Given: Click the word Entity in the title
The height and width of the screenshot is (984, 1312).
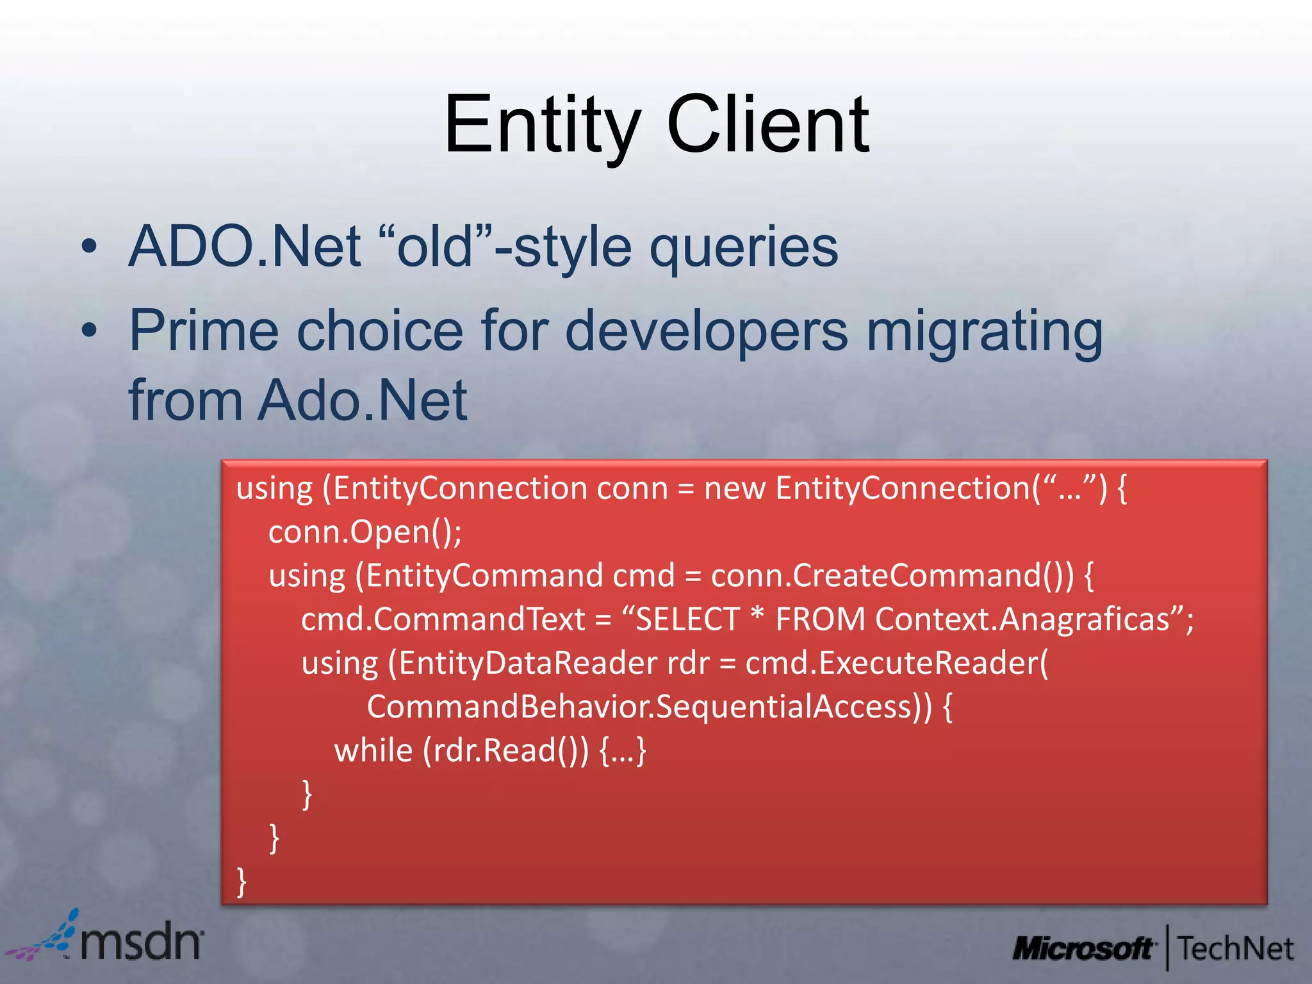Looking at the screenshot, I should click(542, 125).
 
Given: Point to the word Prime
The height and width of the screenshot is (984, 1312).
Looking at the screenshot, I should click(204, 331).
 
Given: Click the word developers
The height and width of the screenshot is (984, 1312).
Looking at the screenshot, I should click(706, 332).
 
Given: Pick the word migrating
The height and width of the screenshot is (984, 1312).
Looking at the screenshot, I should click(985, 332).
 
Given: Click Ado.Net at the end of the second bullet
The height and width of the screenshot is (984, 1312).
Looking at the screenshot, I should click(363, 400).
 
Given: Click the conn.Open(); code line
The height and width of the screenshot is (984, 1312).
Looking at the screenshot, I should click(365, 532).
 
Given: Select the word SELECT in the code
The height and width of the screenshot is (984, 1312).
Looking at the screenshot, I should click(687, 619).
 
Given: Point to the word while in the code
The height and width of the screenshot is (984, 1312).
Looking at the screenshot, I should click(373, 750).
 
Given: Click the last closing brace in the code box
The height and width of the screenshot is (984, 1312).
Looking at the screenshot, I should click(242, 881).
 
